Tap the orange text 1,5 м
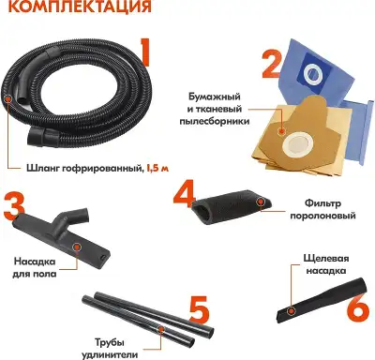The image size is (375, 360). click(157, 168)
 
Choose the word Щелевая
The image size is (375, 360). click(326, 255)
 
